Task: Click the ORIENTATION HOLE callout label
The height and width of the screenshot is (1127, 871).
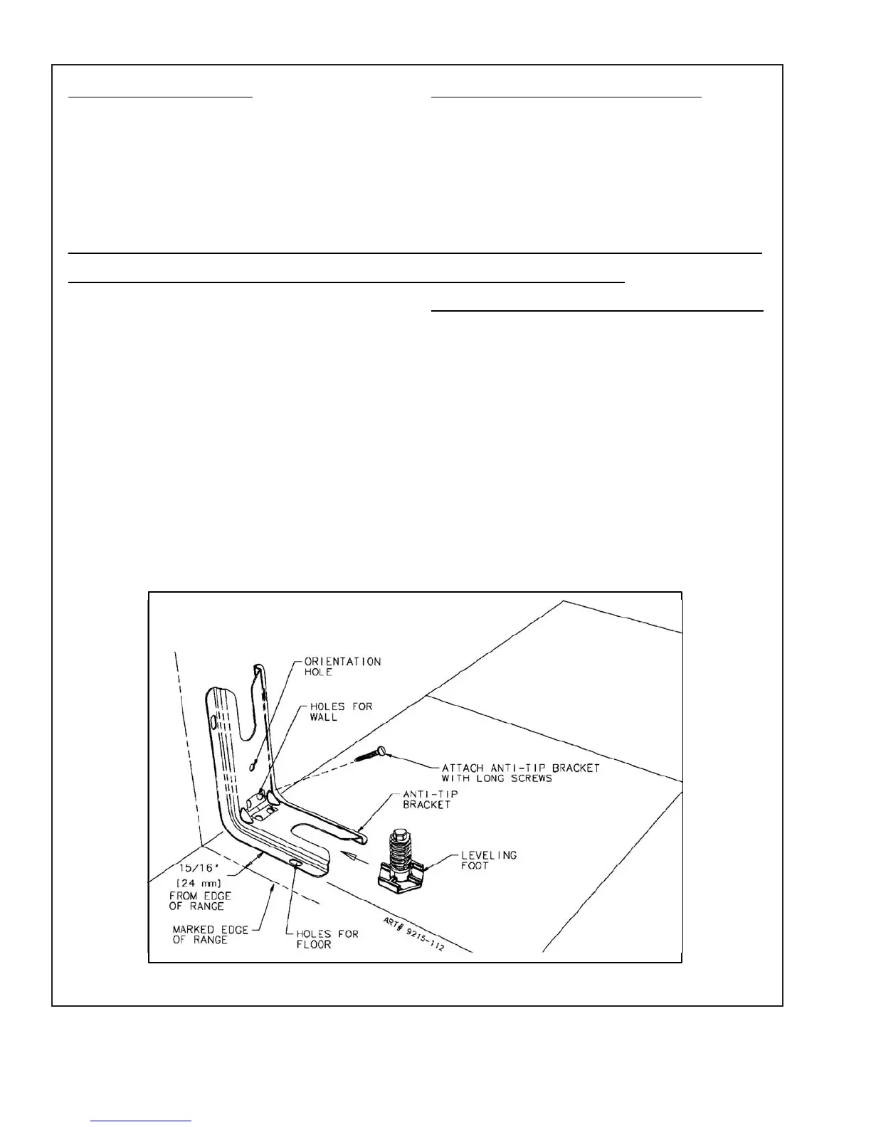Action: (342, 667)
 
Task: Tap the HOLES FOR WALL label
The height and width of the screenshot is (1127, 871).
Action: (341, 711)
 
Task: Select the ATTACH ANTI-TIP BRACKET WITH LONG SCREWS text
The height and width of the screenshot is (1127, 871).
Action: (521, 773)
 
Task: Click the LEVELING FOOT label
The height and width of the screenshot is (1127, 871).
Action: (489, 860)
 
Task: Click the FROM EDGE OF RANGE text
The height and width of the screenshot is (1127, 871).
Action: (200, 901)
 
